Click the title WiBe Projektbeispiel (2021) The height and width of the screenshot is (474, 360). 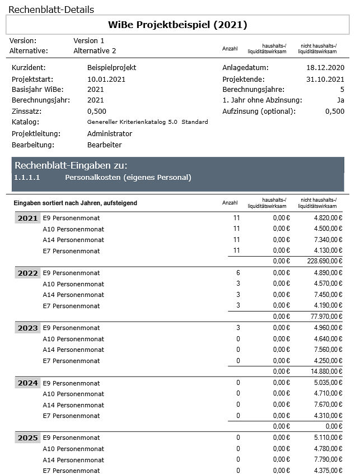coord(177,25)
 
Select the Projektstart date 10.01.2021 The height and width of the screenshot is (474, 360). coord(106,79)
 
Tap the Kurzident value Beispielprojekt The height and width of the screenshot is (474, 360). coord(112,68)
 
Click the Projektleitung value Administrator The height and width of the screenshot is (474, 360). coord(110,134)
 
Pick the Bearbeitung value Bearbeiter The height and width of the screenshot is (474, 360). coord(105,145)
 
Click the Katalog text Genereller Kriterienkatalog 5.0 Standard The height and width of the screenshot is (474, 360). coord(148,122)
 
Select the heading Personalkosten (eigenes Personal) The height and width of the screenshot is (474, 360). coord(128,178)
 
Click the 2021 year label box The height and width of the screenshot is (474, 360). coord(27,219)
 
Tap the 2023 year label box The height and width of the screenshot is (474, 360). coord(27,328)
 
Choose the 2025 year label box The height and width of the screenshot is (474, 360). coord(27,438)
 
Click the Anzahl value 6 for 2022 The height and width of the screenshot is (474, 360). coord(238,273)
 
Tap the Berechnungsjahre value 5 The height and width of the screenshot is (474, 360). coord(342,90)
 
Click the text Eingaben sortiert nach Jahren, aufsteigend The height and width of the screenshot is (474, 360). coord(75,203)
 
